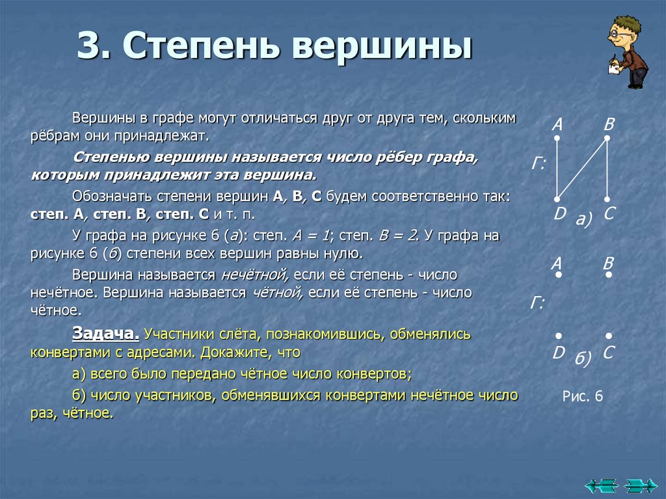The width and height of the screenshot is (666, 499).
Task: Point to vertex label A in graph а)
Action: pyautogui.click(x=557, y=124)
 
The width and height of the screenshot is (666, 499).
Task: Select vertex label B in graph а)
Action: pyautogui.click(x=609, y=124)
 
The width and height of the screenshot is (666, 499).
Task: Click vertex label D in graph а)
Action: pyautogui.click(x=558, y=213)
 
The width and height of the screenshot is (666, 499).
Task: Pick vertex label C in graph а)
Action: pyautogui.click(x=609, y=213)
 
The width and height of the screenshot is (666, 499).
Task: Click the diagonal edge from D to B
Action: pyautogui.click(x=582, y=168)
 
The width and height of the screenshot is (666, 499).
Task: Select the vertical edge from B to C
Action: pyautogui.click(x=607, y=168)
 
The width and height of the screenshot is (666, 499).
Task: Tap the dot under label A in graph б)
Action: pyautogui.click(x=558, y=275)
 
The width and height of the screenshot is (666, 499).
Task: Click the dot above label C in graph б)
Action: pyautogui.click(x=608, y=336)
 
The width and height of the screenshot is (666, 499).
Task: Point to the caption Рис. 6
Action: pyautogui.click(x=583, y=396)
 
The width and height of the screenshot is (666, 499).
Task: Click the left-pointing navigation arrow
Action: pyautogui.click(x=600, y=485)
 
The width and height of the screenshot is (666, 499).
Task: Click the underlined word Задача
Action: pyautogui.click(x=105, y=334)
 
